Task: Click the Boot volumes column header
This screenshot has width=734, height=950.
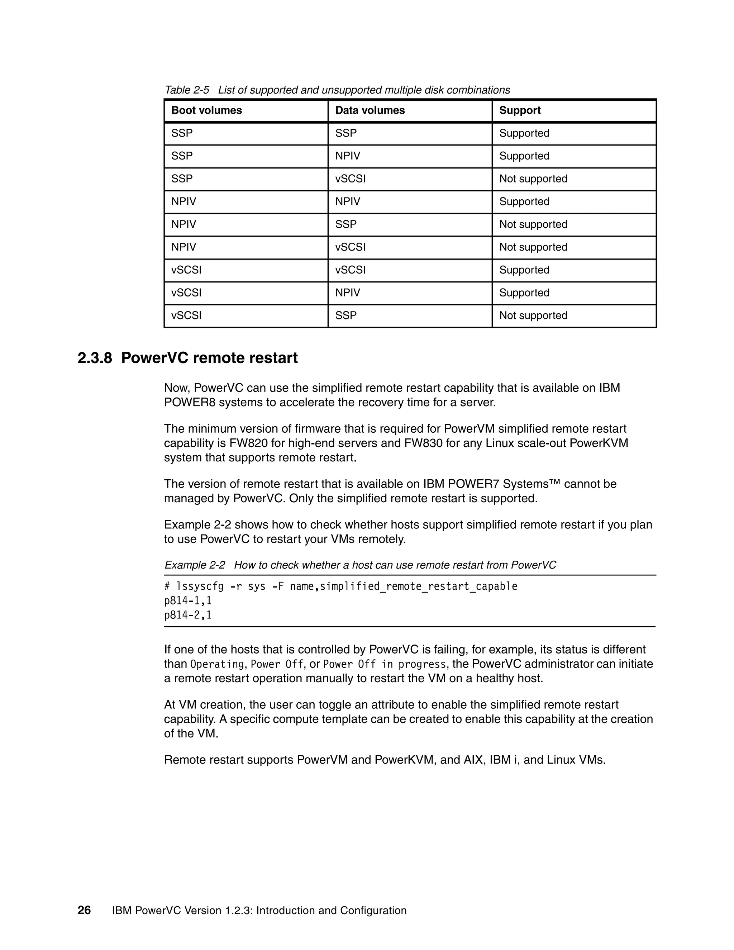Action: [x=206, y=110]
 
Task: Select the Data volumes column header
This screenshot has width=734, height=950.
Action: [x=370, y=110]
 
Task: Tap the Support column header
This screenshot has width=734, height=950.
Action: [x=520, y=110]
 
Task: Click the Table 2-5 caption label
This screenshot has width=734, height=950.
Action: [x=187, y=90]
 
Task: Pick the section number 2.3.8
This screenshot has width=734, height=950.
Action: [x=95, y=358]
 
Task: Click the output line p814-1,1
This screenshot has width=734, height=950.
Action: [x=188, y=601]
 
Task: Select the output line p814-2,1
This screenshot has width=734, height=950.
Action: [x=188, y=616]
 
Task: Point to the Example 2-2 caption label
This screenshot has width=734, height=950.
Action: [x=195, y=565]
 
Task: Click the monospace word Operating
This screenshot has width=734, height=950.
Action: [x=217, y=665]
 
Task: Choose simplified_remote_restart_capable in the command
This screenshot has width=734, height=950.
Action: [x=418, y=587]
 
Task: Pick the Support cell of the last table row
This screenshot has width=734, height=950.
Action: [x=533, y=316]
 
